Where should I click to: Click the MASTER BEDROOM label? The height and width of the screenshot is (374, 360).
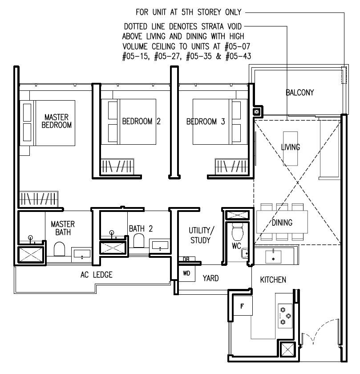[x=57, y=121]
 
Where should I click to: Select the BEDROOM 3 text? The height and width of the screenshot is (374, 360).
[x=205, y=121]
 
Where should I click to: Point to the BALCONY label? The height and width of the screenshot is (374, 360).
[x=299, y=93]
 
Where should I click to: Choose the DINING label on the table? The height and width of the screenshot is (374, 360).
[x=282, y=223]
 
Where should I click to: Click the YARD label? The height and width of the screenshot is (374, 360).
[x=210, y=278]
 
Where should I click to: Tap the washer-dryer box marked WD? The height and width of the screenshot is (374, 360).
[x=186, y=273]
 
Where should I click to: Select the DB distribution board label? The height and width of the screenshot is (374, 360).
[x=186, y=259]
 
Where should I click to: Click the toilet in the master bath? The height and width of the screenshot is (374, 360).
[x=60, y=249]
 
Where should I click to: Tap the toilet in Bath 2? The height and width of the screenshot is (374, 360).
[x=138, y=241]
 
